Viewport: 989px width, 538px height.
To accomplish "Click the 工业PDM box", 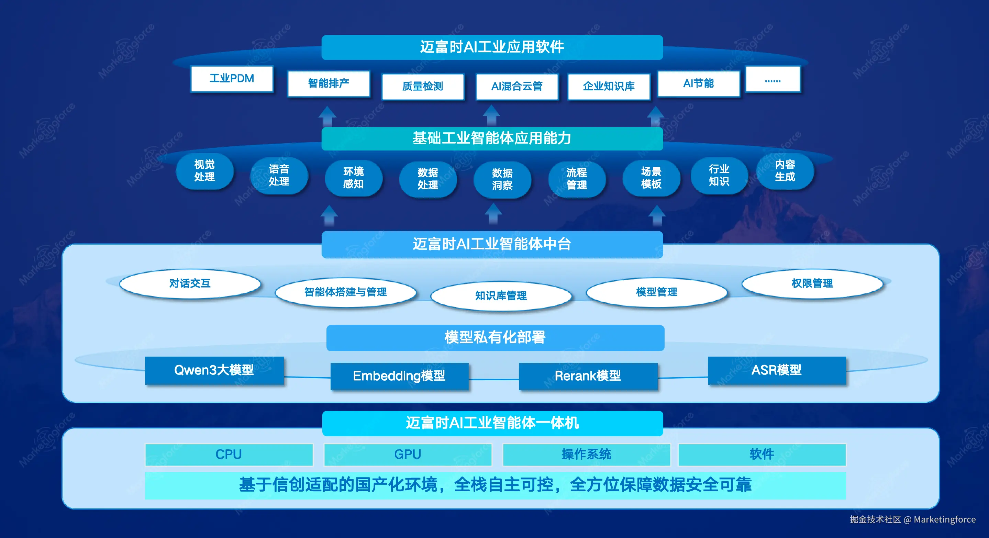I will (232, 79).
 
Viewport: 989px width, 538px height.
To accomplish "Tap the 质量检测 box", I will (423, 86).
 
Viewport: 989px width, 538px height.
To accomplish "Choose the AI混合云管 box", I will (517, 86).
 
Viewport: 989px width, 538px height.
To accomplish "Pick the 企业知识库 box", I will (609, 86).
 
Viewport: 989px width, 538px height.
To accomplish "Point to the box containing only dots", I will (773, 79).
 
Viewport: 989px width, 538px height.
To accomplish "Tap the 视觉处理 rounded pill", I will (204, 171).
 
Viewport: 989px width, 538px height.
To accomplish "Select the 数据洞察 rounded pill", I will (502, 179).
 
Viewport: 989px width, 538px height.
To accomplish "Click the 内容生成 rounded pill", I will (785, 171).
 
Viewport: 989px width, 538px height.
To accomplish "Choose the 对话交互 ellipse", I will (190, 283).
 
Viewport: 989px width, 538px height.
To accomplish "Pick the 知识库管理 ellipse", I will (501, 295).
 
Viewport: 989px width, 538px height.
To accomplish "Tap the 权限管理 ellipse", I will (812, 283).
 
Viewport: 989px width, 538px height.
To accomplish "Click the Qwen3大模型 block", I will (214, 370).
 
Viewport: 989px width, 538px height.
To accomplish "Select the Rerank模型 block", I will (588, 376).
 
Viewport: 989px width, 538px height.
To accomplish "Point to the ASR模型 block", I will (777, 370).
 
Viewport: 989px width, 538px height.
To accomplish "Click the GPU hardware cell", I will (408, 454).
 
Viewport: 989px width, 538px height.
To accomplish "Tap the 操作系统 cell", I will (586, 454).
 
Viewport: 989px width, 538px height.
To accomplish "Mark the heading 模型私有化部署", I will (495, 338).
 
